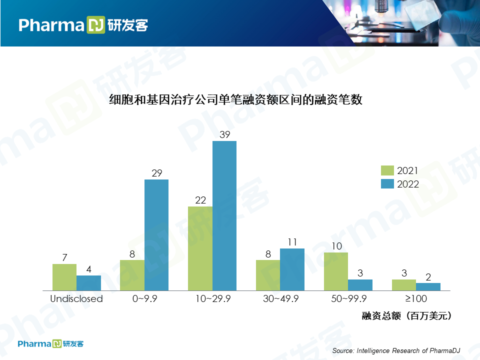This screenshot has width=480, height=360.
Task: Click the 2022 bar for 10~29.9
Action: pyautogui.click(x=224, y=215)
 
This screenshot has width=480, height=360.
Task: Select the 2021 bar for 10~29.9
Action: pyautogui.click(x=200, y=248)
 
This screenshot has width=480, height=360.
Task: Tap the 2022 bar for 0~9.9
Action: pyautogui.click(x=156, y=234)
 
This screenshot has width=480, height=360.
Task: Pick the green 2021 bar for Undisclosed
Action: pyautogui.click(x=64, y=277)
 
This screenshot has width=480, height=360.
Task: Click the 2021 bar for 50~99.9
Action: pyautogui.click(x=336, y=271)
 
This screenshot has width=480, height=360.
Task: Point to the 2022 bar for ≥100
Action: pyautogui.click(x=428, y=286)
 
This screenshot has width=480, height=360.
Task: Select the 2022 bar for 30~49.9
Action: pyautogui.click(x=292, y=269)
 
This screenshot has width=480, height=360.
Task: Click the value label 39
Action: pyautogui.click(x=224, y=134)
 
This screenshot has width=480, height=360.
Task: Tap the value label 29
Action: pyautogui.click(x=156, y=173)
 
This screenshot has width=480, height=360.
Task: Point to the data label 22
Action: pyautogui.click(x=200, y=200)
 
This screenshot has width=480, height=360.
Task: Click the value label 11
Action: pyautogui.click(x=292, y=242)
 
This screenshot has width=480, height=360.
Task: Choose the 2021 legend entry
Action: pyautogui.click(x=400, y=170)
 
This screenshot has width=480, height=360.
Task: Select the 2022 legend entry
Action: pyautogui.click(x=400, y=184)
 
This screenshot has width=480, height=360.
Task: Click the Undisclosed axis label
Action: pyautogui.click(x=76, y=299)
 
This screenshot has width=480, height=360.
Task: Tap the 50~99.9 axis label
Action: pyautogui.click(x=348, y=299)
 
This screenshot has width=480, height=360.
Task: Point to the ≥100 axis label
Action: pyautogui.click(x=416, y=299)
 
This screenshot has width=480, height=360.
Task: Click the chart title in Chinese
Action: pyautogui.click(x=235, y=100)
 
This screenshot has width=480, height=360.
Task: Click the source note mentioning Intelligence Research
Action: pyautogui.click(x=396, y=350)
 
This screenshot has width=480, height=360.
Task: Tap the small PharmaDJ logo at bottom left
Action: pyautogui.click(x=50, y=344)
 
